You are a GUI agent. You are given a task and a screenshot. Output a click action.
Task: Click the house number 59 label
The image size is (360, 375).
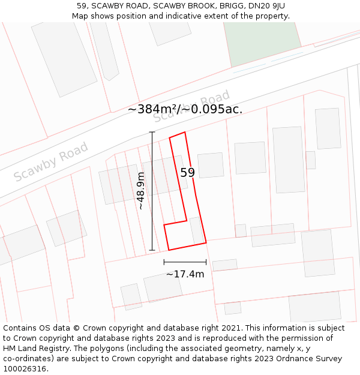click(187, 173)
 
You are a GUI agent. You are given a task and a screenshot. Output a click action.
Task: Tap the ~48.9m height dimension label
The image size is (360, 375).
click(140, 191)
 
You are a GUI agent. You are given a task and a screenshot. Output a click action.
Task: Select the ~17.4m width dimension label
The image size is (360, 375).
click(185, 274)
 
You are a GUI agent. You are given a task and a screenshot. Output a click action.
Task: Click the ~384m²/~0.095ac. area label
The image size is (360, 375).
click(185, 109)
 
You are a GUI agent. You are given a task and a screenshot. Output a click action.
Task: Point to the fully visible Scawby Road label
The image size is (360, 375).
click(51, 161)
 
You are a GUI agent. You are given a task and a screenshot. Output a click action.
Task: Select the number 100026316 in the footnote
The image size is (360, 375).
click(25, 369)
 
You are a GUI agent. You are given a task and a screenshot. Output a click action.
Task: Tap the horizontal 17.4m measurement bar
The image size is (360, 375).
click(185, 262)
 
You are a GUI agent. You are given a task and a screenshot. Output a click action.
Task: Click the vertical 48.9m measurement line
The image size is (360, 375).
click(152, 191)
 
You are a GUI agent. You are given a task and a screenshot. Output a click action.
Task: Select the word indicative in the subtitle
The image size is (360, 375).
click(182, 16)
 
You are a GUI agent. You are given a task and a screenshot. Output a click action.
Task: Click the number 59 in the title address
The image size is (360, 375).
click(82, 6)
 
